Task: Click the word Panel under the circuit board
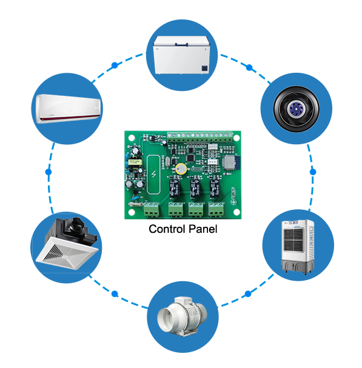[203, 229]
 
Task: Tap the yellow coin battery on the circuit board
[181, 169]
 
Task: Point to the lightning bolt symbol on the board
[154, 175]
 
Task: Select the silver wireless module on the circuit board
[229, 162]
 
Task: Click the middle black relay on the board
[195, 188]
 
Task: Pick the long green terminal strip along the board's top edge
[200, 136]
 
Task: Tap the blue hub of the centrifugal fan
[296, 109]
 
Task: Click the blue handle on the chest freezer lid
[181, 44]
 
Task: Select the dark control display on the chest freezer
[205, 68]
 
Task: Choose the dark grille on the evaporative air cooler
[293, 240]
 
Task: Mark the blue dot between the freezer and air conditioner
[115, 65]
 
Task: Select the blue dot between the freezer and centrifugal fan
[249, 67]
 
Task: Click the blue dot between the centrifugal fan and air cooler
[313, 172]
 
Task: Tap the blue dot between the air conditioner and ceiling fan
[49, 172]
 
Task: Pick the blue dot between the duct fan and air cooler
[248, 293]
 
